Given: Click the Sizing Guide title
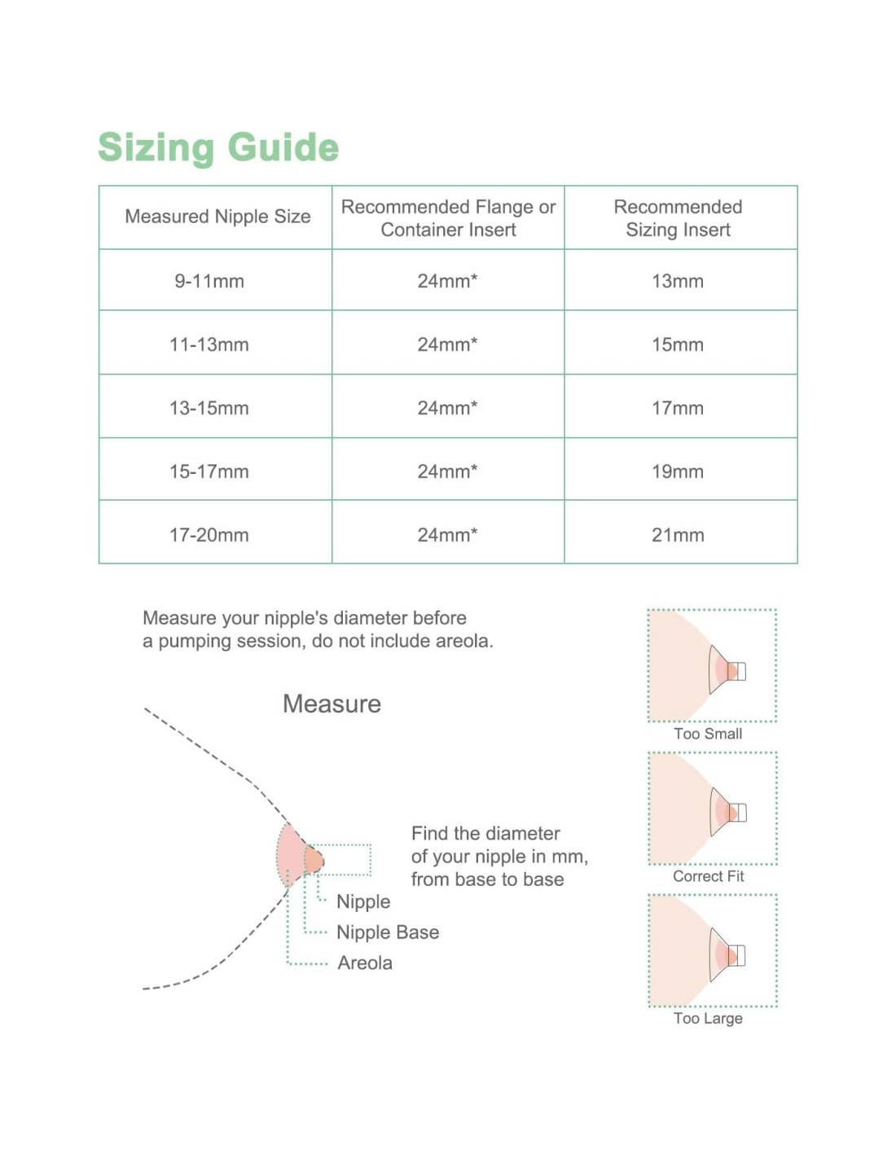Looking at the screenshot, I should [218, 147].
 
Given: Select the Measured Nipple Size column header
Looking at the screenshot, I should [217, 217].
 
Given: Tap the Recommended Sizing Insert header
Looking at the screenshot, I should [678, 218].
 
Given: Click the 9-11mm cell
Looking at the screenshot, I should [209, 281].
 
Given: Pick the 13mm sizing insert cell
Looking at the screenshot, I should [678, 281].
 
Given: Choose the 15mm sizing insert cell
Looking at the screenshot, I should [678, 344].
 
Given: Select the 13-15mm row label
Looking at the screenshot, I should [209, 408].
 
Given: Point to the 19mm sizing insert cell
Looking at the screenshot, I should [678, 472].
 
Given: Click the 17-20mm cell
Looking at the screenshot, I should [209, 535].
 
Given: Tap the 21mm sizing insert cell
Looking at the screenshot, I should [678, 535].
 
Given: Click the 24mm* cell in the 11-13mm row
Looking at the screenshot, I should [447, 344].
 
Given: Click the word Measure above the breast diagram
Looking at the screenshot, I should [332, 704].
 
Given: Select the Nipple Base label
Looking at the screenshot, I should [388, 932].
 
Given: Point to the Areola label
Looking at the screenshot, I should [365, 963].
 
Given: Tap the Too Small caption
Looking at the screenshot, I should [708, 734].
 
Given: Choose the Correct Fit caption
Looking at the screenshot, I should [709, 876].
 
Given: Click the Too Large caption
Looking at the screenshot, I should [708, 1018].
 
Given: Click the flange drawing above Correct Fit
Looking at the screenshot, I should [727, 812].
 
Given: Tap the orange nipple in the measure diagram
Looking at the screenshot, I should [314, 860].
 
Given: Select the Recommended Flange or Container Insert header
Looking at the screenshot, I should [448, 218].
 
